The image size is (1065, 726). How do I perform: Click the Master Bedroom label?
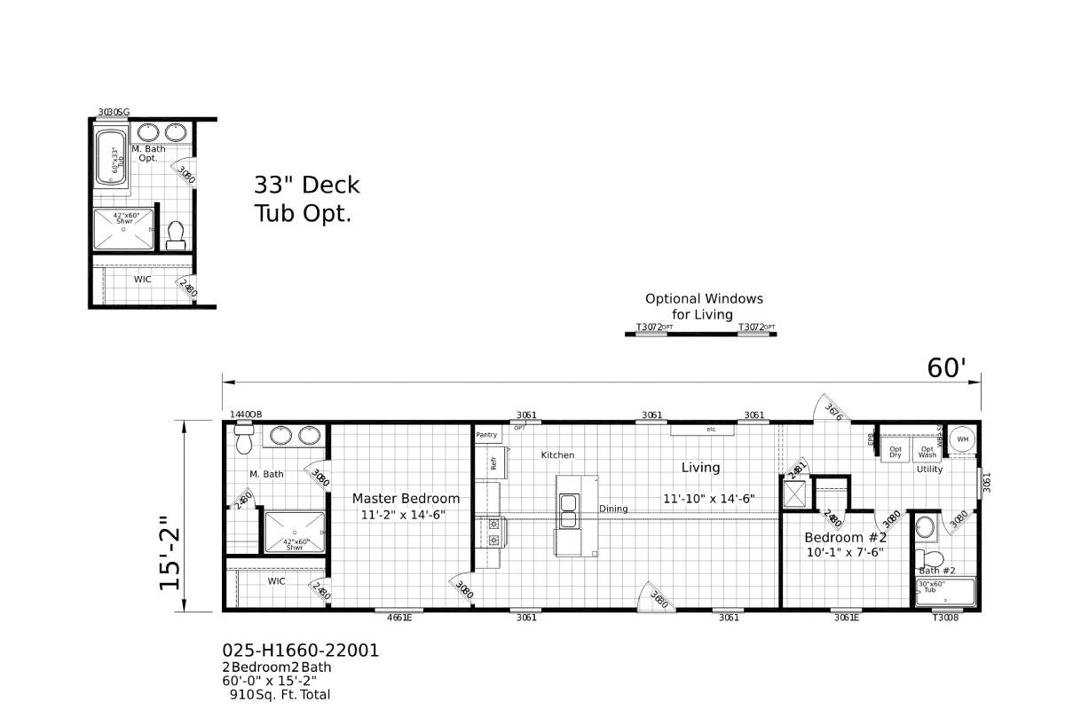click(406, 499)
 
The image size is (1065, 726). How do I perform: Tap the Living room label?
click(700, 468)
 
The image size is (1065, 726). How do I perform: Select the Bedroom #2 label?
click(845, 538)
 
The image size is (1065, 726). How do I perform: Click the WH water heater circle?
click(962, 439)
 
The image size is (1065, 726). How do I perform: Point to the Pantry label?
click(486, 435)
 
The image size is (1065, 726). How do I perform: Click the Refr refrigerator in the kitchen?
click(493, 462)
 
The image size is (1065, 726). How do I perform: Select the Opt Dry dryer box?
click(895, 452)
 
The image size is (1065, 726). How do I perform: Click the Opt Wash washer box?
click(927, 452)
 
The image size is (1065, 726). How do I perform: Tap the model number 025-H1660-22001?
click(300, 651)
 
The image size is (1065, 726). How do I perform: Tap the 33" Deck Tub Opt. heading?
click(306, 199)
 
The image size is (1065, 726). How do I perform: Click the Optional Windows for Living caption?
click(703, 306)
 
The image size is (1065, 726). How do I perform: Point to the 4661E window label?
click(398, 619)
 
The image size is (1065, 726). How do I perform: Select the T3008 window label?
click(945, 619)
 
